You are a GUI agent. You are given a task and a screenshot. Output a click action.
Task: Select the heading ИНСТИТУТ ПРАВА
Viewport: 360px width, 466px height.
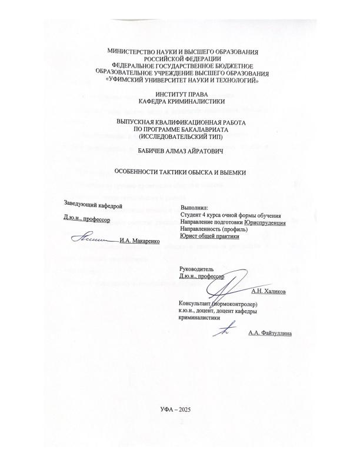[180, 94]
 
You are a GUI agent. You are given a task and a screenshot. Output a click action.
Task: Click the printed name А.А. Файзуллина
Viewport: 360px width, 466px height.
[270, 333]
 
